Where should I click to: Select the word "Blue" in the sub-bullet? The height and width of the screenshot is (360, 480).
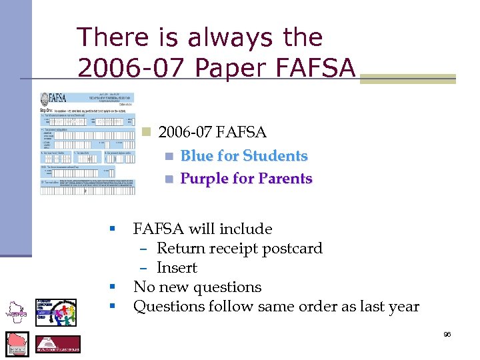point(197,156)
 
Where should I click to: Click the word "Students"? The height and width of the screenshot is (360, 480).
point(275,156)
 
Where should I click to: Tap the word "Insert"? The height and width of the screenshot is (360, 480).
point(177,268)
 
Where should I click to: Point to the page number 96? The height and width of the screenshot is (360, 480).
point(447,334)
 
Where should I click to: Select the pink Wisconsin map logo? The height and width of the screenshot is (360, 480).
point(17,344)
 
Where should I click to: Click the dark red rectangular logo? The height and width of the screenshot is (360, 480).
point(57,345)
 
